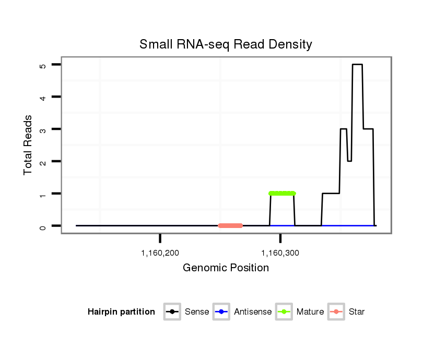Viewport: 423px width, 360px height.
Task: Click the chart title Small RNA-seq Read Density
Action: coord(226,44)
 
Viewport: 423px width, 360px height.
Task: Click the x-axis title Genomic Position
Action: coord(226,268)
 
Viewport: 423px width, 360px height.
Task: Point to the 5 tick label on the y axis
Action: coord(43,65)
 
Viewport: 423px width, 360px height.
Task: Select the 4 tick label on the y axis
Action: coord(43,97)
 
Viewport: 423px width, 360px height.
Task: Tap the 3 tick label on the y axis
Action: coord(43,129)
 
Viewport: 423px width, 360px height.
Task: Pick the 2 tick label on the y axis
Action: coord(43,161)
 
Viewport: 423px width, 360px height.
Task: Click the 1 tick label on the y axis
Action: coord(43,194)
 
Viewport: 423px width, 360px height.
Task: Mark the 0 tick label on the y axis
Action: coord(43,226)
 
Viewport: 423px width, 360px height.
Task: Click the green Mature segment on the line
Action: coord(282,194)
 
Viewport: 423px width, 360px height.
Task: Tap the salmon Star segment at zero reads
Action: coord(230,226)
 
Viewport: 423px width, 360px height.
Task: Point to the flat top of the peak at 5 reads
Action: coord(357,65)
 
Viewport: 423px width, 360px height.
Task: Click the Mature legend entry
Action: coord(298,312)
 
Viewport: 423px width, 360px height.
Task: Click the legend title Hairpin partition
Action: coord(121,312)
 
